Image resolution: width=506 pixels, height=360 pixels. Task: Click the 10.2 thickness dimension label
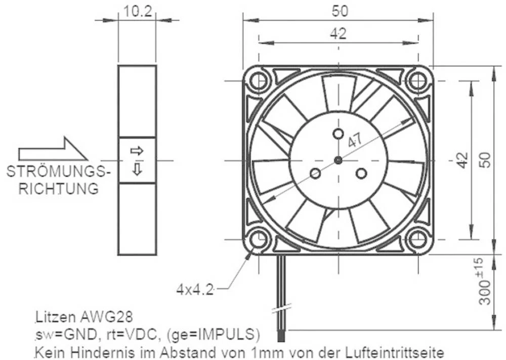[x=138, y=11]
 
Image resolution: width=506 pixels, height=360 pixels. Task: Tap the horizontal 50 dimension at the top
[x=338, y=10]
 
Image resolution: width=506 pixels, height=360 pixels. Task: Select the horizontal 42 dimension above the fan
[x=338, y=33]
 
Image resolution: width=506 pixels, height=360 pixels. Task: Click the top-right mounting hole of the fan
[x=418, y=81]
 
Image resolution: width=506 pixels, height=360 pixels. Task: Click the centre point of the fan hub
[x=338, y=160]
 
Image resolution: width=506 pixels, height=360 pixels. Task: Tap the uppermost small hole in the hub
[x=338, y=133]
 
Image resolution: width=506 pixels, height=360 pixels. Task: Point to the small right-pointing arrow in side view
[x=137, y=150]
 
